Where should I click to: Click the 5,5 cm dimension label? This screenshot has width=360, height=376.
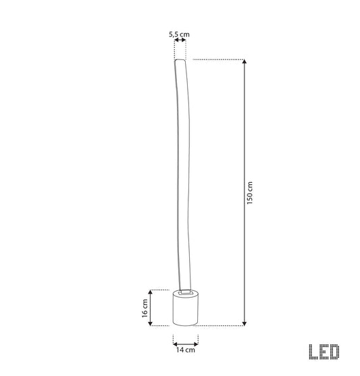pos(179,34)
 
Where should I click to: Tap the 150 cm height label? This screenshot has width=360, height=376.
pos(250,193)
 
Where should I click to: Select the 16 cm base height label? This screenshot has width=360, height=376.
pos(145,308)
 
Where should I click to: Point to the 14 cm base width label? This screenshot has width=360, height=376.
pos(186,350)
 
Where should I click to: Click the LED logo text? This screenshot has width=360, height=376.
pos(324,352)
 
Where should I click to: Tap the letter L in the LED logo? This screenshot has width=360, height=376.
pos(313,352)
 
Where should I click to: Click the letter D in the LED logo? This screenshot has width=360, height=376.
pos(334,352)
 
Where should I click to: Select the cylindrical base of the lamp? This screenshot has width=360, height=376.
pos(186,308)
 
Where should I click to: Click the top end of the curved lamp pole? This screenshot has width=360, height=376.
pos(180,60)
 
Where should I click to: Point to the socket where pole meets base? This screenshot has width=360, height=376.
pos(186,292)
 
